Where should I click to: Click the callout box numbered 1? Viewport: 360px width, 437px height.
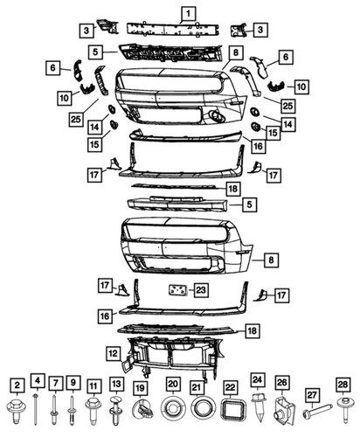[x=187, y=13]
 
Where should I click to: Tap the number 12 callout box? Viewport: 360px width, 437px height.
[x=113, y=353]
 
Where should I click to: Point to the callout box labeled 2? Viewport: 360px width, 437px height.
[x=17, y=385]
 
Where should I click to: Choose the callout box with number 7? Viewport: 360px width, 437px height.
[x=55, y=385]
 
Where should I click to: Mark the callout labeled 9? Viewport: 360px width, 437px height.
[x=74, y=385]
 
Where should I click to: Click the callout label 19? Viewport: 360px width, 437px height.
[x=141, y=385]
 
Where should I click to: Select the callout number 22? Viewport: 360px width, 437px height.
[x=231, y=386]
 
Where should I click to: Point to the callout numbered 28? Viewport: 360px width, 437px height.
[x=343, y=385]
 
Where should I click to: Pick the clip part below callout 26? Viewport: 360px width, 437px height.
[x=282, y=407]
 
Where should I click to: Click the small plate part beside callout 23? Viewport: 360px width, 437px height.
[x=177, y=292]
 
